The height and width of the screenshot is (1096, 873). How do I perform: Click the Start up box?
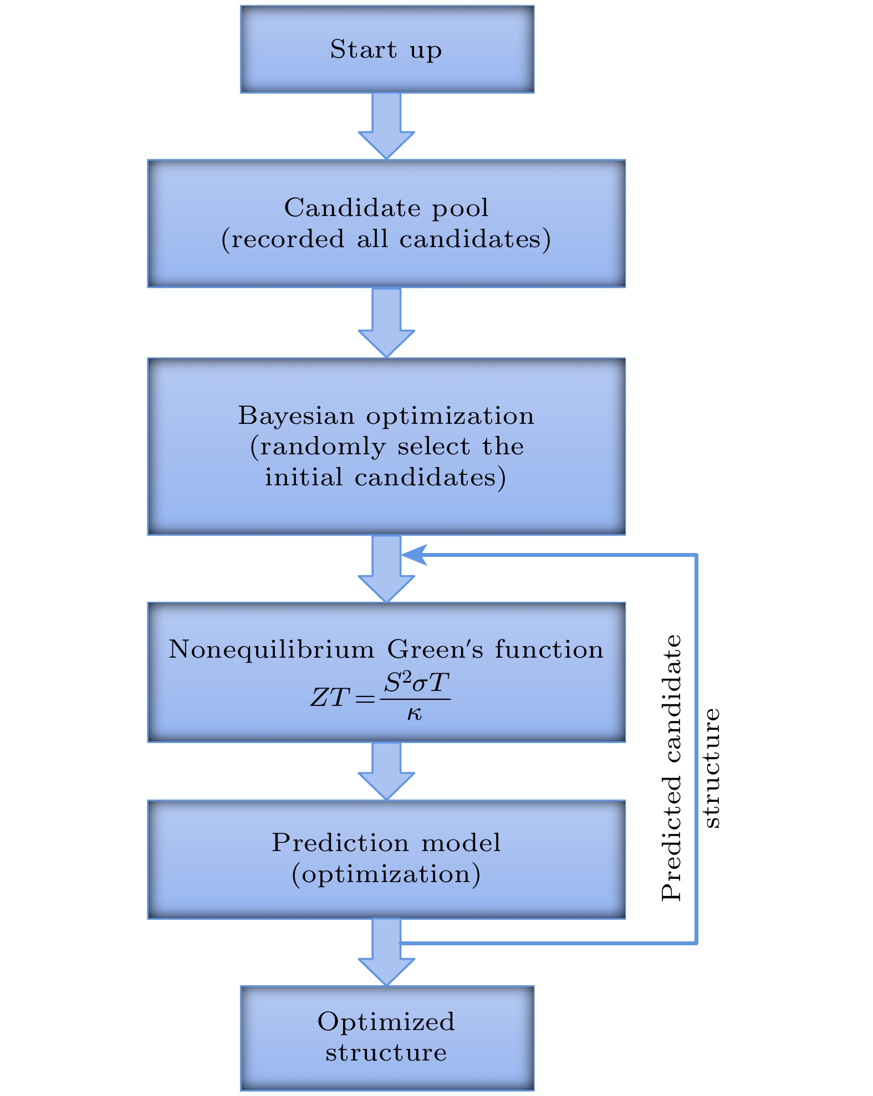387,49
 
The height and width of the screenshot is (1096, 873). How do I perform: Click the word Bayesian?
296,416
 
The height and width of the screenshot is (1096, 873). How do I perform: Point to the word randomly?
323,447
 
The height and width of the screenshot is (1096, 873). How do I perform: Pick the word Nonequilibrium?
271,649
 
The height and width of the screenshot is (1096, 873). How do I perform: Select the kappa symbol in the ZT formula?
414,714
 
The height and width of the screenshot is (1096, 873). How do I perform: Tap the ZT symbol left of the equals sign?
330,698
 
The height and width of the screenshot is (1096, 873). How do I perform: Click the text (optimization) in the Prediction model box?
386,874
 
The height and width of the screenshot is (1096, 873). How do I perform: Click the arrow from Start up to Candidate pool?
386,126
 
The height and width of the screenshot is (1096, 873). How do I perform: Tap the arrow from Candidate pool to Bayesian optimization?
386,322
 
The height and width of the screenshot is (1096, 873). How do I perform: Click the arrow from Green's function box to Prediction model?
386,771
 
